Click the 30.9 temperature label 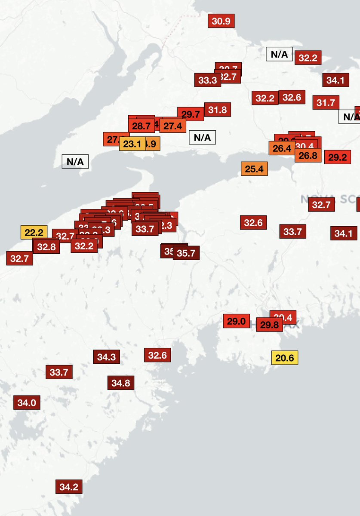point(221,21)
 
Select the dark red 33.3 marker point(207,80)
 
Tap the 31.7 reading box point(326,103)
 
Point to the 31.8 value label point(218,110)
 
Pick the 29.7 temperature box point(191,114)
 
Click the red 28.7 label point(141,126)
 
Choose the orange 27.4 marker point(172,126)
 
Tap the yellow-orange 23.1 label point(132,144)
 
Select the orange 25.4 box point(254,169)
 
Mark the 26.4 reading point(282,148)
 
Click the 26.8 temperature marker point(308,156)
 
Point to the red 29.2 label point(337,157)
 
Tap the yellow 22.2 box point(34,233)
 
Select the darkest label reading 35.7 point(186,253)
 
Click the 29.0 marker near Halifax point(236,321)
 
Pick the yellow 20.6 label point(284,358)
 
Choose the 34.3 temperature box point(106,357)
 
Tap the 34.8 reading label point(121,383)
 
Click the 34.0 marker point(27,403)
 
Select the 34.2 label point(69,487)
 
